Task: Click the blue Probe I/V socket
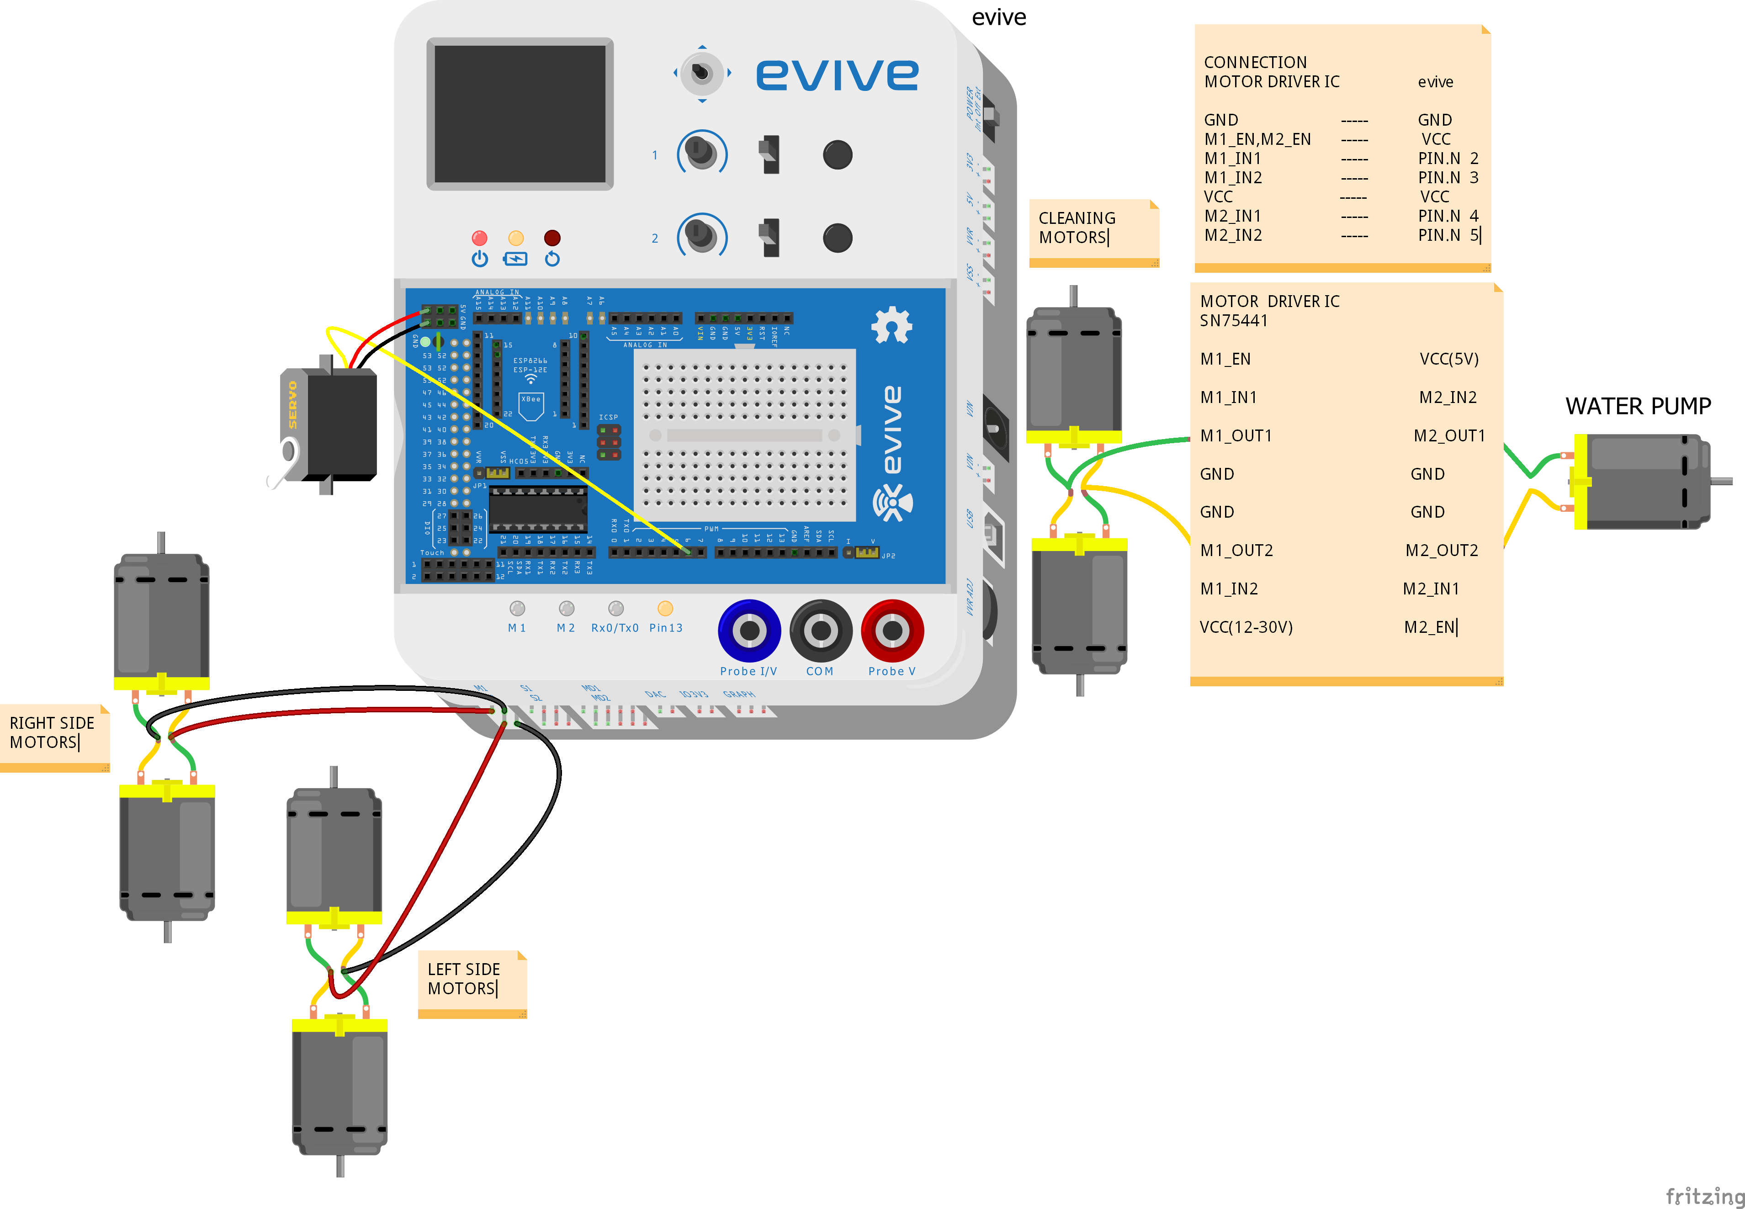pos(749,630)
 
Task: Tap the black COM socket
pos(820,630)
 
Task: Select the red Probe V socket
pos(892,630)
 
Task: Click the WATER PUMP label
pos(1638,407)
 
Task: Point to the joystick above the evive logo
pos(702,73)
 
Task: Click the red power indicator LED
pos(479,238)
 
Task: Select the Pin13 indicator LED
pos(665,608)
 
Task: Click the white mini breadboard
pos(744,435)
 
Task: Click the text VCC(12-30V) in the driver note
pos(1246,627)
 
